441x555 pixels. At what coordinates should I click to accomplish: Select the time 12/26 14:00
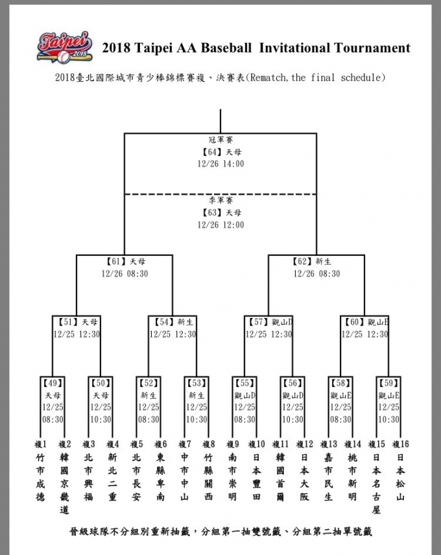pos(220,164)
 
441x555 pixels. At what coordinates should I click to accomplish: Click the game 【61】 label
pos(115,262)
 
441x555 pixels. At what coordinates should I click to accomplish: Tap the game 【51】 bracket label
pos(66,322)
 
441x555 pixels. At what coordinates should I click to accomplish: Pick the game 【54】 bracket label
pos(162,322)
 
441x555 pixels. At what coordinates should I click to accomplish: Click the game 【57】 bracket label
pos(258,322)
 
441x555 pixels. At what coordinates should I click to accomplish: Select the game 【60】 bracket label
pos(354,322)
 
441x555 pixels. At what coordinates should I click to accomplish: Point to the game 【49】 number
pos(53,383)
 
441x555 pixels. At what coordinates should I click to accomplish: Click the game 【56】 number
pos(292,383)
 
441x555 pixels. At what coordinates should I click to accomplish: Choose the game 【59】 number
pos(388,383)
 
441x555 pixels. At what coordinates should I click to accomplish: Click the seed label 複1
pos(40,445)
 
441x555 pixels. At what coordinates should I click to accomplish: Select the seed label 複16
pos(401,445)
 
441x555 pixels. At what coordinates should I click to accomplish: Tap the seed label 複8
pos(208,445)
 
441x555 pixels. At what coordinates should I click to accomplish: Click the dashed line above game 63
pos(220,194)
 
